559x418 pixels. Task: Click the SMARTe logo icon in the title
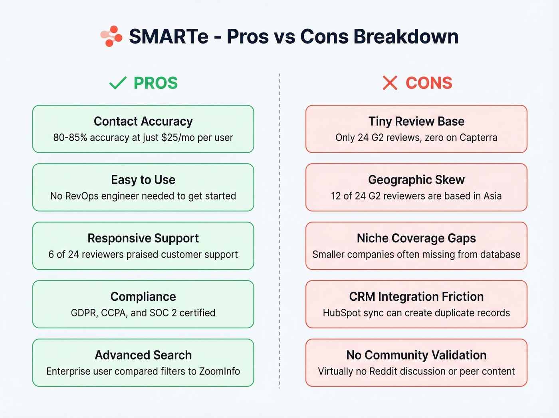tap(111, 36)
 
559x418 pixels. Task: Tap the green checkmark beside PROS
tap(118, 83)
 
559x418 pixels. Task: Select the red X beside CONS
tap(390, 83)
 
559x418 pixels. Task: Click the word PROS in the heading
tap(155, 83)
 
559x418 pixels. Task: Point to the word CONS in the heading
tap(429, 83)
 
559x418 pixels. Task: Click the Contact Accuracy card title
tap(143, 121)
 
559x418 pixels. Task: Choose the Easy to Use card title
tap(143, 180)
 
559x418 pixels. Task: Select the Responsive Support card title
tap(143, 238)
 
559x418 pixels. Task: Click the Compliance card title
tap(143, 296)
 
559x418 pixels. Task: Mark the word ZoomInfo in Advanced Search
tap(219, 371)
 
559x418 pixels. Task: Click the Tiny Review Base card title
tap(416, 121)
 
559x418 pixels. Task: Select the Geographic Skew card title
tap(416, 180)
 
